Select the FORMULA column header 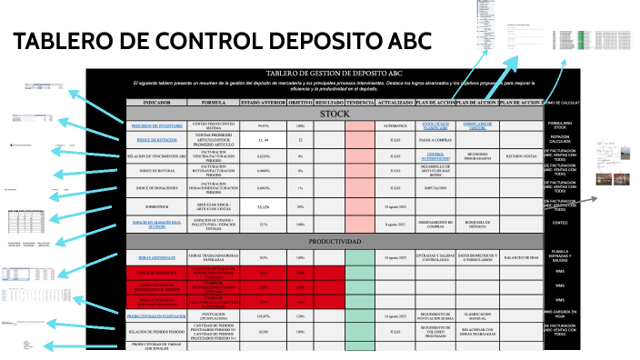(x=213, y=103)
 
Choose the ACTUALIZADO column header (x=395, y=103)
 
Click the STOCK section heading (x=334, y=115)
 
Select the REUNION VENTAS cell (x=522, y=155)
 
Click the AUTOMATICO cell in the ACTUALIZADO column (x=395, y=125)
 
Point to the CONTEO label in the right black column (x=561, y=220)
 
